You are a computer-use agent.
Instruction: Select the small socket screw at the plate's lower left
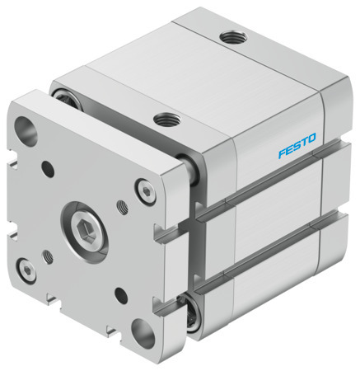[x=26, y=269]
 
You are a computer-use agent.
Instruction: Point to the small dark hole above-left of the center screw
[x=48, y=170]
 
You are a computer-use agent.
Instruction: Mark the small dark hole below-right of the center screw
[x=121, y=291]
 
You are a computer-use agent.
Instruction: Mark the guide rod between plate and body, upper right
[x=189, y=171]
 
